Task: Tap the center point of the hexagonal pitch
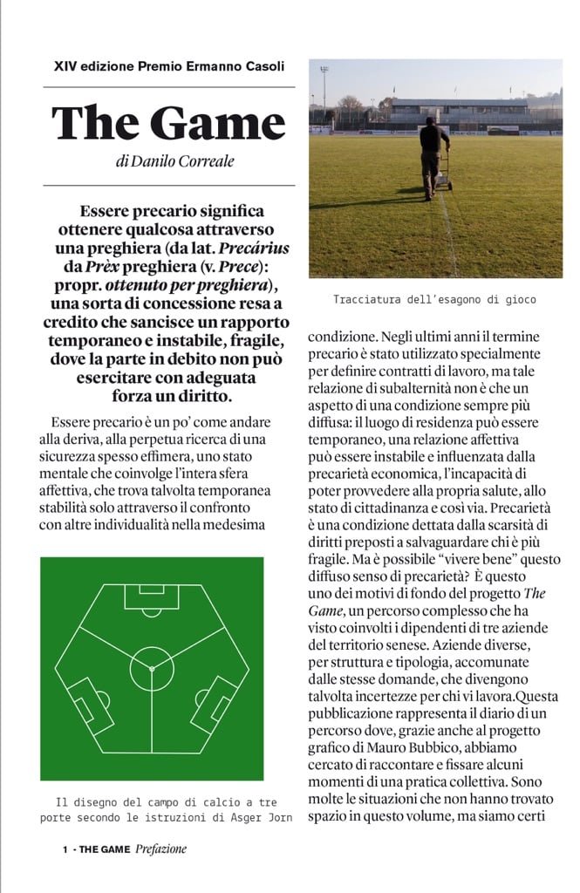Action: click(152, 667)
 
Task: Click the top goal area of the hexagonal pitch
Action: click(152, 596)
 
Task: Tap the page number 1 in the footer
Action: click(65, 849)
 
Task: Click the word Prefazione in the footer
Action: click(161, 849)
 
